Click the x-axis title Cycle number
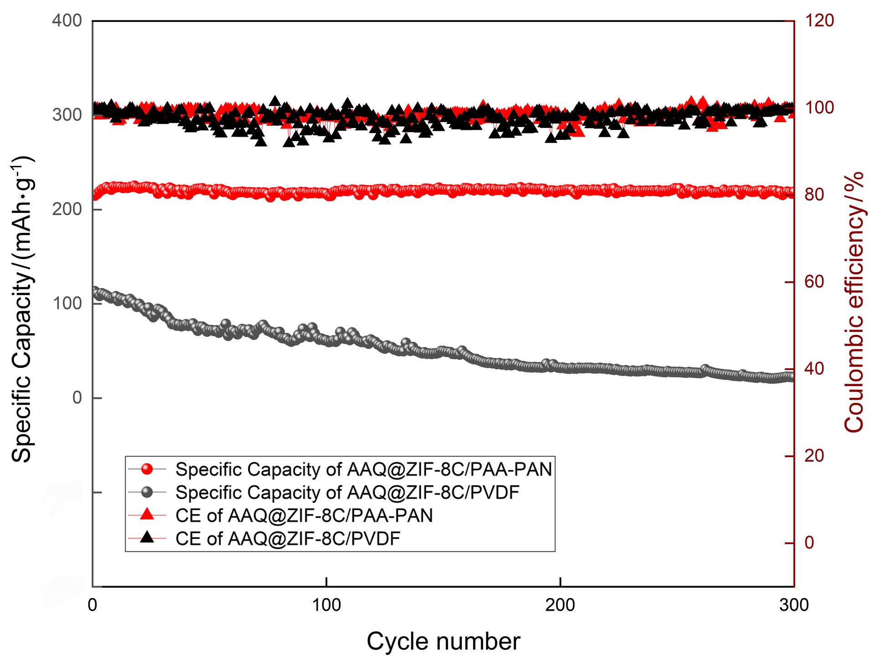click(x=443, y=642)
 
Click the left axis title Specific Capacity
click(x=22, y=310)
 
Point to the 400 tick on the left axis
click(x=67, y=21)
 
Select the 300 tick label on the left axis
click(x=67, y=115)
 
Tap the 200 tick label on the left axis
click(x=67, y=209)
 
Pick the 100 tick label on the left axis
click(x=67, y=304)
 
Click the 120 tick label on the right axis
click(x=819, y=21)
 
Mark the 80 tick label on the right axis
click(x=814, y=195)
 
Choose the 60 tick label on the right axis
click(x=814, y=282)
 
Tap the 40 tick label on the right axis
click(x=814, y=369)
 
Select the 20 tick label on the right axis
click(x=814, y=456)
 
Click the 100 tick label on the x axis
click(x=326, y=605)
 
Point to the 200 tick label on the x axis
click(x=560, y=605)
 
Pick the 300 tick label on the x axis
click(x=793, y=605)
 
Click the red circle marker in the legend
click(x=147, y=469)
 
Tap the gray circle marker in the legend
click(x=147, y=492)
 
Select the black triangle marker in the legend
click(x=147, y=537)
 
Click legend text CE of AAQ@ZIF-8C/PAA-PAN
click(x=304, y=515)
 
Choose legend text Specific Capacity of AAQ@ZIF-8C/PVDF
click(x=347, y=492)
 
